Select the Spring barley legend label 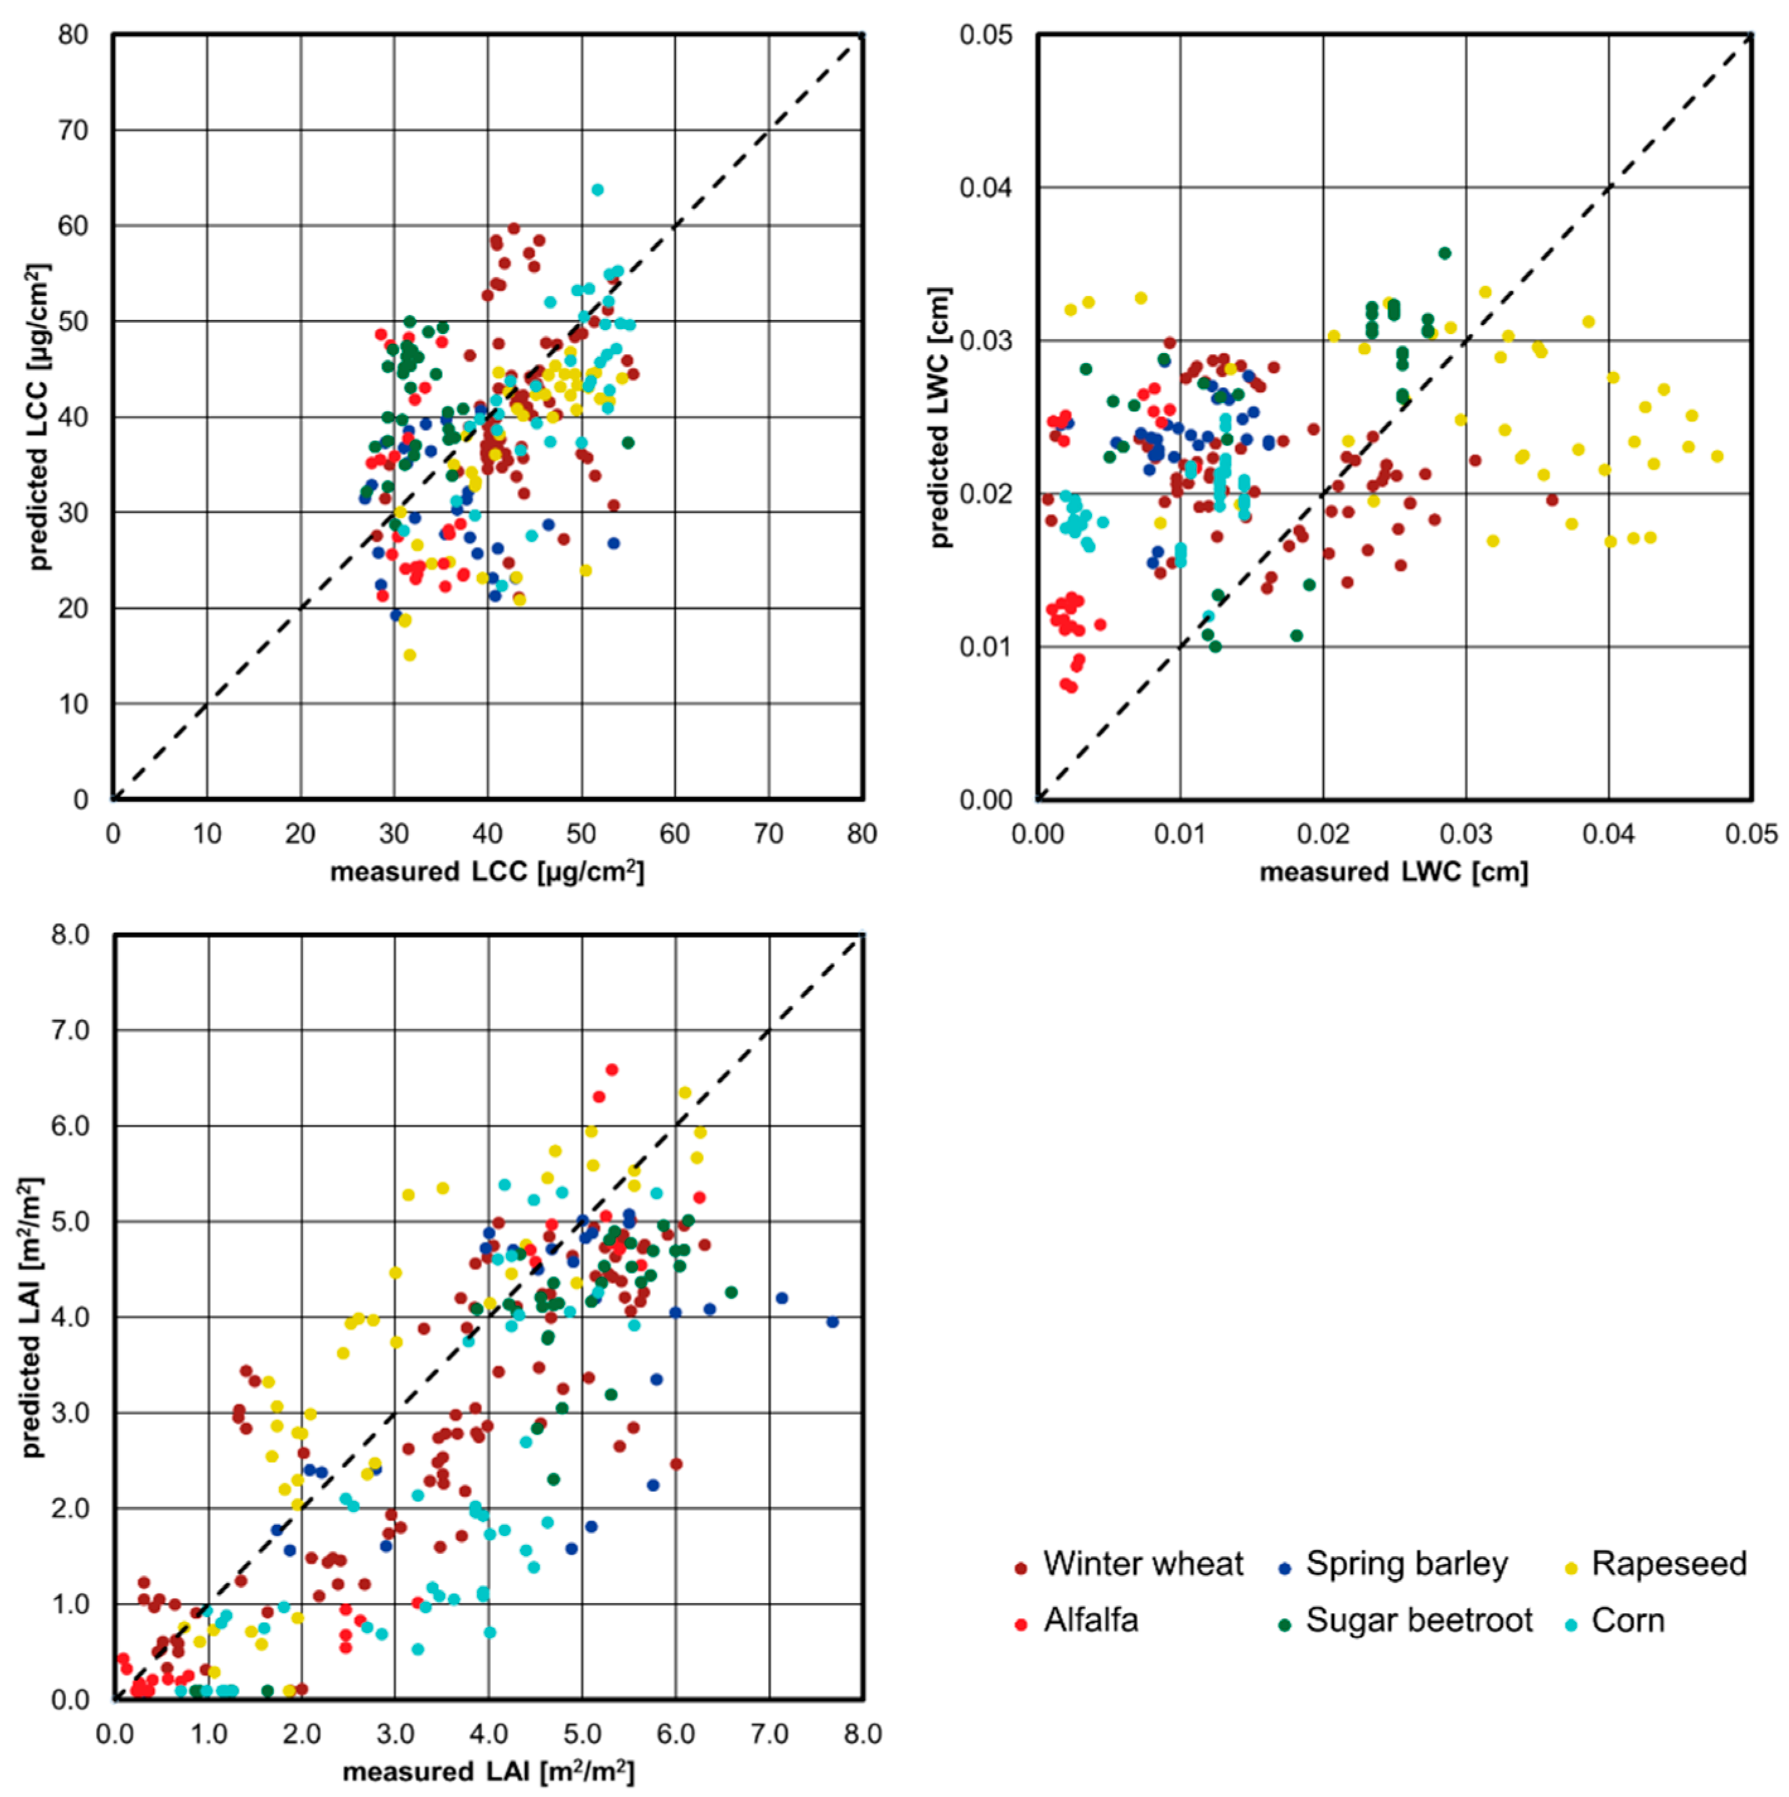pyautogui.click(x=1406, y=1564)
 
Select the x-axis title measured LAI pyautogui.click(x=489, y=1772)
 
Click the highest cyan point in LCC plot pyautogui.click(x=597, y=190)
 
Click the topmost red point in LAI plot pyautogui.click(x=611, y=1070)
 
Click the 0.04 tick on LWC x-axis pyautogui.click(x=1609, y=834)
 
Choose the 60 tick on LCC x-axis pyautogui.click(x=674, y=834)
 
